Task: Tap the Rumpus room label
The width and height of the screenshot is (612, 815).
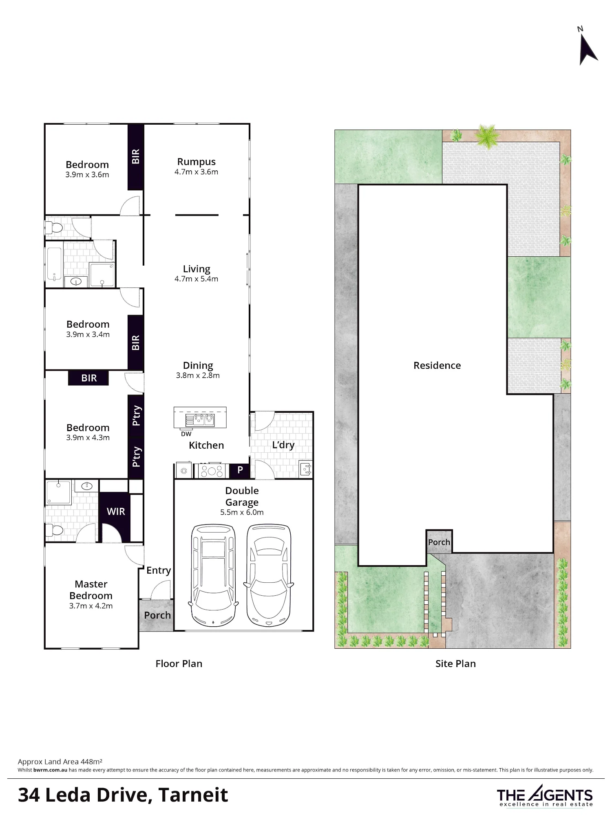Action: pyautogui.click(x=196, y=162)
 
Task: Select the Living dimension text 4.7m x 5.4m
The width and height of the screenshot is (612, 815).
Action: pyautogui.click(x=196, y=279)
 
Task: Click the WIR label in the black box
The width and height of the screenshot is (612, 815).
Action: pyautogui.click(x=116, y=511)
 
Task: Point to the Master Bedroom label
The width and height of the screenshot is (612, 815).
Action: pyautogui.click(x=91, y=590)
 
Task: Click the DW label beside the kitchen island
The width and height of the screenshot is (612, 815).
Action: pyautogui.click(x=186, y=434)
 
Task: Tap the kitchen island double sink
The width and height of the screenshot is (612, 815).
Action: pyautogui.click(x=200, y=420)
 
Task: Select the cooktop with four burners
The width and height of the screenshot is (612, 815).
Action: pyautogui.click(x=212, y=471)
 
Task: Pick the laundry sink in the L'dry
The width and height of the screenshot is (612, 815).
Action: pyautogui.click(x=305, y=469)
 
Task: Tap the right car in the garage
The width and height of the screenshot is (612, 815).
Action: pyautogui.click(x=269, y=575)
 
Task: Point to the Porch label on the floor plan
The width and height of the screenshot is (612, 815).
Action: pyautogui.click(x=157, y=615)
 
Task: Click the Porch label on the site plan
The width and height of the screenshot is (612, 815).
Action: pyautogui.click(x=439, y=542)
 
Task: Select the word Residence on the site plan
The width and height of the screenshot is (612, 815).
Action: pyautogui.click(x=437, y=366)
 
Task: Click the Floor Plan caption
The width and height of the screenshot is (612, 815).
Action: pyautogui.click(x=179, y=663)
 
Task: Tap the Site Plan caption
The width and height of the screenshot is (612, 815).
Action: pyautogui.click(x=455, y=663)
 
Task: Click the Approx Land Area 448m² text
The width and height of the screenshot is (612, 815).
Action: pyautogui.click(x=60, y=761)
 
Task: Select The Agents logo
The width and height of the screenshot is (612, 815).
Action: pyautogui.click(x=545, y=795)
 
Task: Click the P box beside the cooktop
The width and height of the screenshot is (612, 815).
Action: pyautogui.click(x=240, y=470)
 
